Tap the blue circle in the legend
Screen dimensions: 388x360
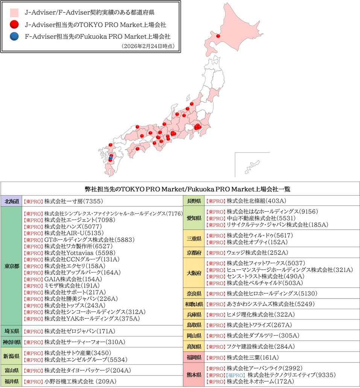pyautogui.click(x=14, y=36)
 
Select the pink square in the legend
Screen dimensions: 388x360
pyautogui.click(x=14, y=12)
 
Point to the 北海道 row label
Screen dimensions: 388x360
pyautogui.click(x=12, y=202)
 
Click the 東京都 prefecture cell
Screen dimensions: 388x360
pyautogui.click(x=12, y=266)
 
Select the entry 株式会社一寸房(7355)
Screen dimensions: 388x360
pyautogui.click(x=73, y=202)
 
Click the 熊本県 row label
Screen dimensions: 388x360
pyautogui.click(x=194, y=375)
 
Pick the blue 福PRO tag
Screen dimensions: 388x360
pyautogui.click(x=235, y=375)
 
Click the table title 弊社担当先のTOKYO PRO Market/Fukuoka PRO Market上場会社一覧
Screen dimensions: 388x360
pyautogui.click(x=180, y=189)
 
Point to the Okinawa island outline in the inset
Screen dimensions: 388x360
pyautogui.click(x=249, y=168)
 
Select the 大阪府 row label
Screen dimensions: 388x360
pyautogui.click(x=194, y=273)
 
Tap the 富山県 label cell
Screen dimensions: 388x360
pyautogui.click(x=12, y=370)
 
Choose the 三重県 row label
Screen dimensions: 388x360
pyautogui.click(x=194, y=239)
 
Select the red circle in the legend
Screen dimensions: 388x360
pyautogui.click(x=14, y=25)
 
